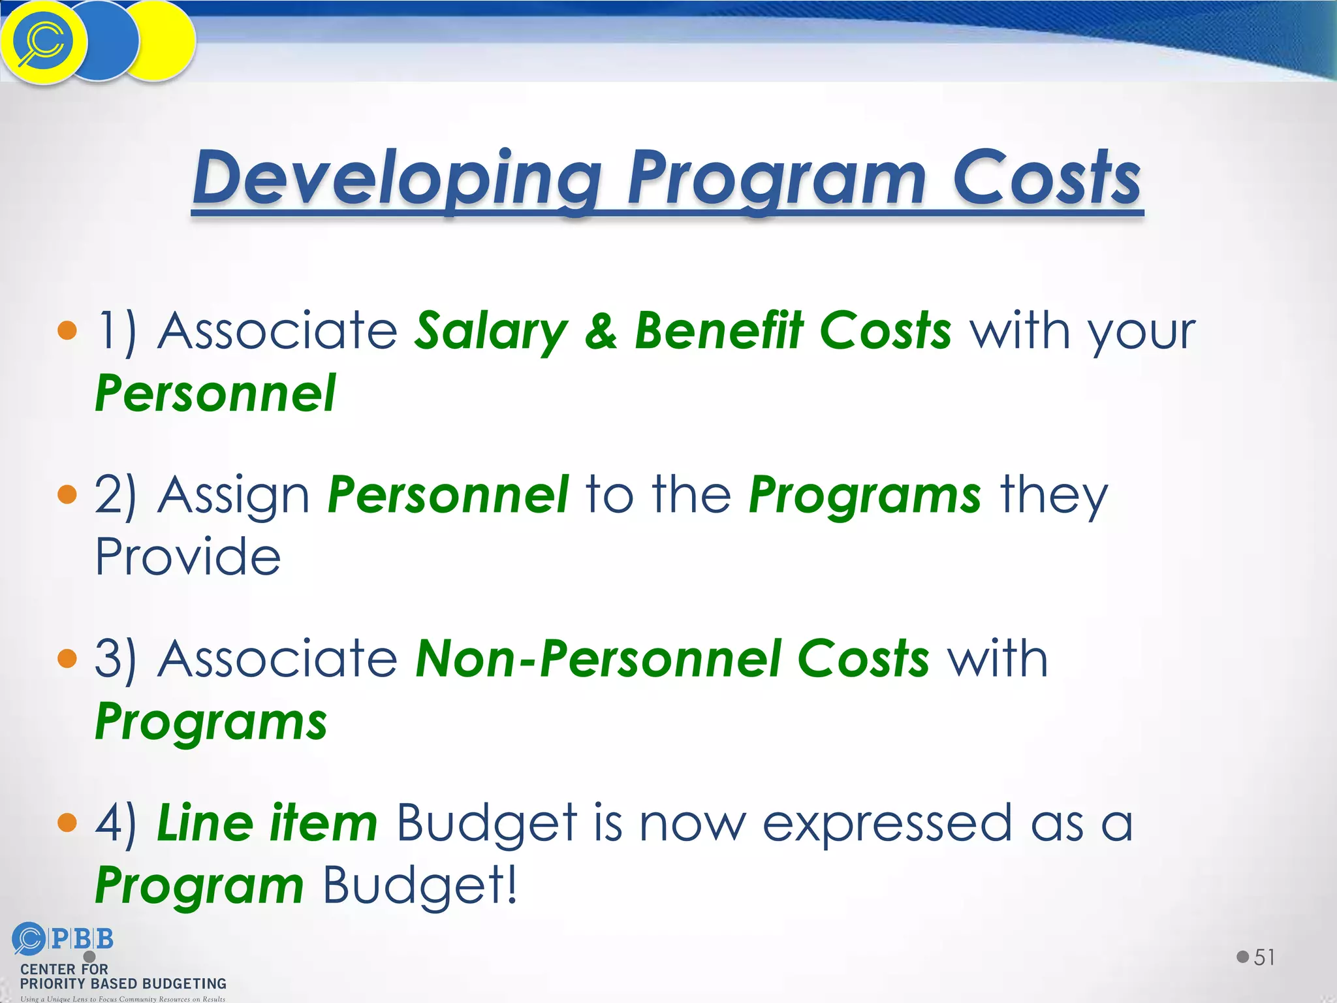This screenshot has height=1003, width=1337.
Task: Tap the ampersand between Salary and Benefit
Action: tap(601, 330)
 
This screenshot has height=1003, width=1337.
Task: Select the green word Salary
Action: tap(492, 330)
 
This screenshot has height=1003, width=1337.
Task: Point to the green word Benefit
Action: tap(719, 330)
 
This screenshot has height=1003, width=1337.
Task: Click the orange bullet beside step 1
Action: tap(67, 330)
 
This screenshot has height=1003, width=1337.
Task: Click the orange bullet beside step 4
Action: tap(67, 822)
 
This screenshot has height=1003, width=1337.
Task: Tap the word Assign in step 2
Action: tap(234, 495)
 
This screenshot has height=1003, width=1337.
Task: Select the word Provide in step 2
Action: tap(188, 557)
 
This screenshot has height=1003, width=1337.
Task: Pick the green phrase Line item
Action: tap(267, 823)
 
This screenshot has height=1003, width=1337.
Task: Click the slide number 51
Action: tap(1264, 957)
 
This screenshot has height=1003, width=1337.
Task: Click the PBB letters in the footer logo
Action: tap(82, 939)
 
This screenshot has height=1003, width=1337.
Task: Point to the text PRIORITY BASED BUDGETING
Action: tap(123, 983)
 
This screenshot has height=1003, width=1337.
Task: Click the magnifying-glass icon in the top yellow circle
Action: tap(41, 42)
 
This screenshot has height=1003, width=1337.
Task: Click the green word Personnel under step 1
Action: tap(215, 394)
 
